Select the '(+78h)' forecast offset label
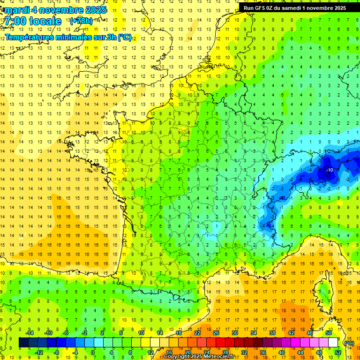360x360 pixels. click(x=81, y=21)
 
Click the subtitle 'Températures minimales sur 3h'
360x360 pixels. click(x=68, y=37)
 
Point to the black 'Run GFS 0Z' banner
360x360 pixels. click(x=295, y=7)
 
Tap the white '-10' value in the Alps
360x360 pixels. click(x=330, y=170)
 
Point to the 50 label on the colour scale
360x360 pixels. click(x=328, y=333)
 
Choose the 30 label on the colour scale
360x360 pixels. click(x=235, y=333)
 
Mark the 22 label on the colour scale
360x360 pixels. click(x=197, y=333)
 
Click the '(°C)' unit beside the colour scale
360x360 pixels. click(x=348, y=343)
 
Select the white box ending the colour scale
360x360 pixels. click(x=333, y=343)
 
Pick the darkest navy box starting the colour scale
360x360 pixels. click(x=23, y=343)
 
